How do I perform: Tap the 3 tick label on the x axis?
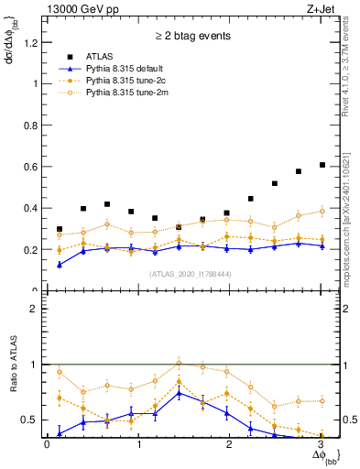[x=321, y=444]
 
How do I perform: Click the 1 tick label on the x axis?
[x=138, y=444]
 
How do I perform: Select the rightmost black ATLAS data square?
[x=322, y=165]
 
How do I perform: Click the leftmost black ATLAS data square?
[x=60, y=229]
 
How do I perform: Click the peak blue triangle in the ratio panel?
[x=180, y=392]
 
